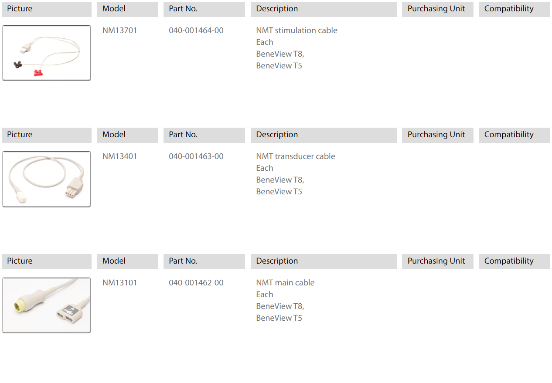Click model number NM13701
coord(119,31)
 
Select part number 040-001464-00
coord(196,31)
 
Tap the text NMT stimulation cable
coord(296,31)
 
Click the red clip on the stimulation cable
coord(38,73)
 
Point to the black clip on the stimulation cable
coord(17,65)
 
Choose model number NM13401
coord(119,156)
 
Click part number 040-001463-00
coord(196,156)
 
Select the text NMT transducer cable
coord(296,156)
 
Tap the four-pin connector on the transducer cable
coord(75,188)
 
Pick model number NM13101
coord(119,282)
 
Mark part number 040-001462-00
coord(196,282)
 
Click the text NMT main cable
coord(285,282)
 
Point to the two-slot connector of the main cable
coord(69,314)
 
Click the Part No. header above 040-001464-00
coord(183,9)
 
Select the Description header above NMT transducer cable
coord(277,135)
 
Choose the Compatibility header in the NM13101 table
coord(509,261)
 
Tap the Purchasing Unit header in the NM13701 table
coord(436,9)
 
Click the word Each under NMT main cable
coord(265,295)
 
